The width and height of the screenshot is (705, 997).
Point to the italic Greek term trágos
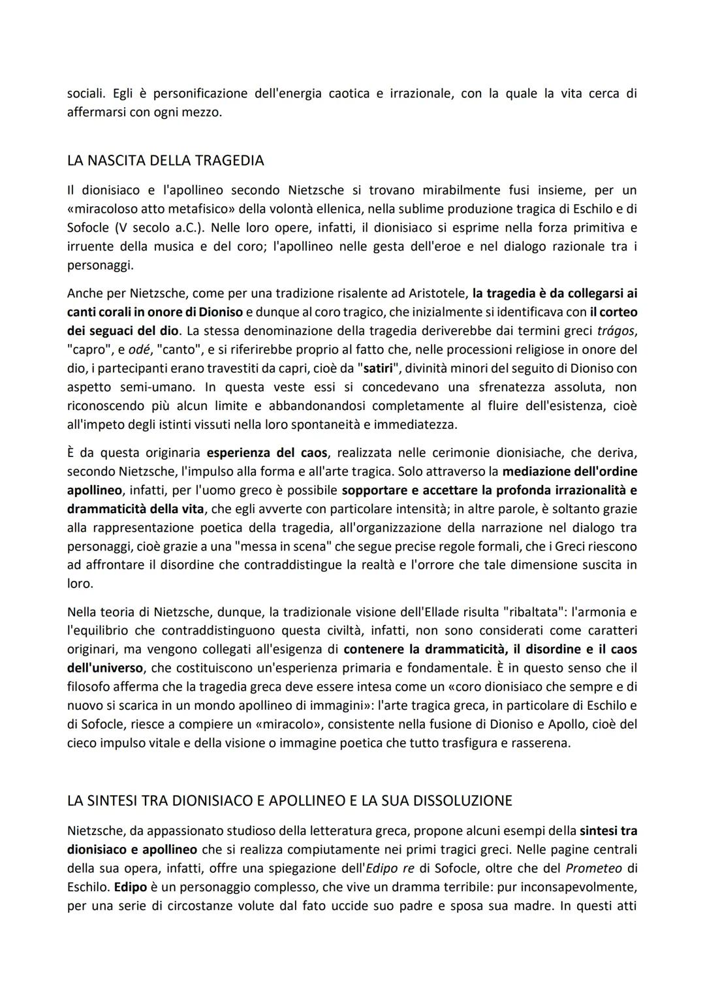pos(617,331)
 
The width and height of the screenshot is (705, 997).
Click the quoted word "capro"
pos(86,350)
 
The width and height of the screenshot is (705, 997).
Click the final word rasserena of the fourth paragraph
pos(542,743)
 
